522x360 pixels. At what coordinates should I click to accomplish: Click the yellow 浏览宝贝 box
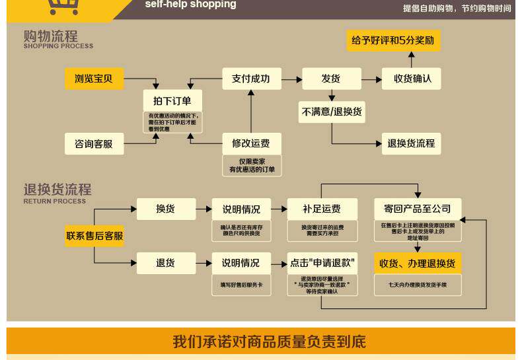94,79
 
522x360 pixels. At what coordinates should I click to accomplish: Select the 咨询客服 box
94,143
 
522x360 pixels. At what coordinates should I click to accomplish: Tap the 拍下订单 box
172,101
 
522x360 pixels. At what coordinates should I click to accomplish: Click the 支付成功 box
251,79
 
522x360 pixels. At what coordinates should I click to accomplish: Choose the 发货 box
331,79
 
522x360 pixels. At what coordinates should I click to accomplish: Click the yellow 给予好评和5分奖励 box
393,40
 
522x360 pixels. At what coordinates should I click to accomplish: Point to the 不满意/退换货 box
332,112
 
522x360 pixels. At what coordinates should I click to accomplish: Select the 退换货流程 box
411,143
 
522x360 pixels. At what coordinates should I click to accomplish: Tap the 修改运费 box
251,143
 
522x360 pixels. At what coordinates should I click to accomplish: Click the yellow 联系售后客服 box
94,236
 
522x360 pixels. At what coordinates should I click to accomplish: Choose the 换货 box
166,209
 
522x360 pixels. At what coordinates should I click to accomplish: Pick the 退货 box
166,263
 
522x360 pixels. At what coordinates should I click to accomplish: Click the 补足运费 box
322,209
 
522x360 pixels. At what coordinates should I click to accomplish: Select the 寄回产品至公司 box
418,209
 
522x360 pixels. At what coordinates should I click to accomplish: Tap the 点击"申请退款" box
322,263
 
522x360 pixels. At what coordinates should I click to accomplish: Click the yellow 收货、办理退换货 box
418,264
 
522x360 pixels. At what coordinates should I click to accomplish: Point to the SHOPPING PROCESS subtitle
58,46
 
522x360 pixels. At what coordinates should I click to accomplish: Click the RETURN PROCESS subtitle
55,201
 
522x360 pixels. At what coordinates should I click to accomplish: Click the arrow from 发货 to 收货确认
371,79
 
